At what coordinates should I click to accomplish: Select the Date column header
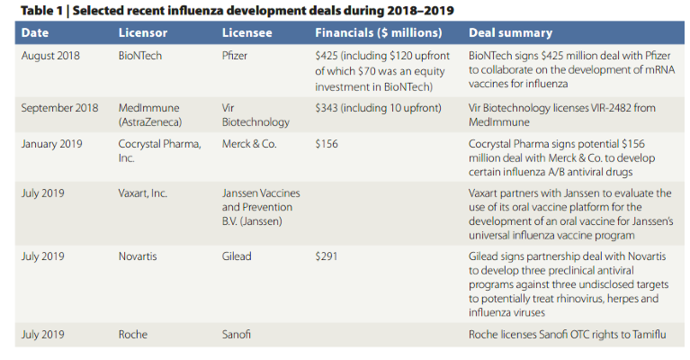[x=35, y=33]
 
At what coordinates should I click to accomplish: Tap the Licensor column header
[x=143, y=33]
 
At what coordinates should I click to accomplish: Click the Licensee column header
[x=246, y=33]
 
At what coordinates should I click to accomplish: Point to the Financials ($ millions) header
[x=378, y=33]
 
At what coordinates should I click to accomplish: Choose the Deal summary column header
[x=510, y=33]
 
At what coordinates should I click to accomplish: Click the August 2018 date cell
[x=51, y=56]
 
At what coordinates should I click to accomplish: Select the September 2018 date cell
[x=60, y=107]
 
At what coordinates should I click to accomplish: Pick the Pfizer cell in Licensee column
[x=237, y=56]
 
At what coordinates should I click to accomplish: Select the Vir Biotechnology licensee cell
[x=255, y=114]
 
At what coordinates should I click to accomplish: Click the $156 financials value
[x=328, y=143]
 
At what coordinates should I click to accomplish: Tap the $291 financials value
[x=328, y=256]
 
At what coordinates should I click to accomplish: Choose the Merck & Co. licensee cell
[x=249, y=143]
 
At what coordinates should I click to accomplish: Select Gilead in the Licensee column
[x=238, y=256]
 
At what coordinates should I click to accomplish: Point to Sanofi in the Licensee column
[x=237, y=335]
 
